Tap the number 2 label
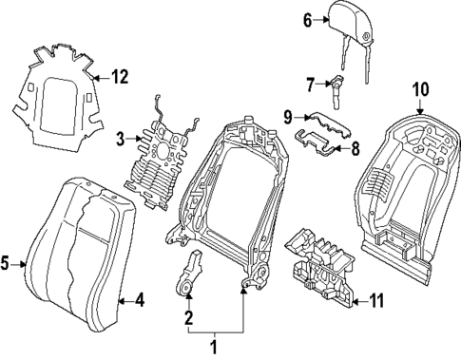click(x=189, y=318)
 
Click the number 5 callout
click(x=8, y=264)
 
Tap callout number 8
click(x=355, y=148)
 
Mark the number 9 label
click(x=286, y=116)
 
